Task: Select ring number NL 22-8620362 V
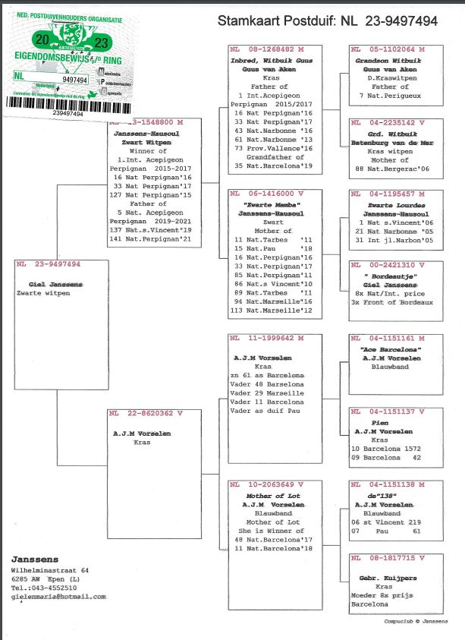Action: coord(146,414)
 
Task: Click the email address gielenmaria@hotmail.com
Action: coord(58,597)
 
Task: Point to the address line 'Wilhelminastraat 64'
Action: coord(49,570)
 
